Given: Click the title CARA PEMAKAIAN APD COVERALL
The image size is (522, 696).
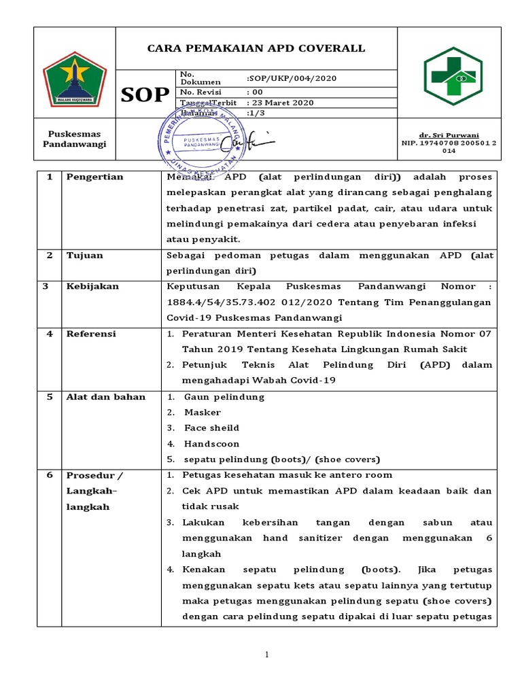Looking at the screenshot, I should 256,48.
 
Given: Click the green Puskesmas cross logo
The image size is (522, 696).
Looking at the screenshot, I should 453,76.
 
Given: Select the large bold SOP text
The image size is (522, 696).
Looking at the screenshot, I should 145,95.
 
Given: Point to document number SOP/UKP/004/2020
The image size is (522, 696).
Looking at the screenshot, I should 292,78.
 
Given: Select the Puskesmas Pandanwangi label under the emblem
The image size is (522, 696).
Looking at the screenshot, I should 74,140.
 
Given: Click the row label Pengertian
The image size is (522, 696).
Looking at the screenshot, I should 94,177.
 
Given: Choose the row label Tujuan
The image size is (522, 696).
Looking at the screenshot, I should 84,255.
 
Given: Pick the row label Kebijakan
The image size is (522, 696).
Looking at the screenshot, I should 92,286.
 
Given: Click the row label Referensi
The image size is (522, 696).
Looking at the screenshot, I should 91,334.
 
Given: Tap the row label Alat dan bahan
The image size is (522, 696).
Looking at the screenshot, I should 105,397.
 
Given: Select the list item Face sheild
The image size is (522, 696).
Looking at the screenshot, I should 211,428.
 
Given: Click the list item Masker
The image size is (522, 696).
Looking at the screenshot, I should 202,413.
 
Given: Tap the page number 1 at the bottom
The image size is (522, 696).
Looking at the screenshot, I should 267,655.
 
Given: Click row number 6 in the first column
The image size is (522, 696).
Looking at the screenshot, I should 49,475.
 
